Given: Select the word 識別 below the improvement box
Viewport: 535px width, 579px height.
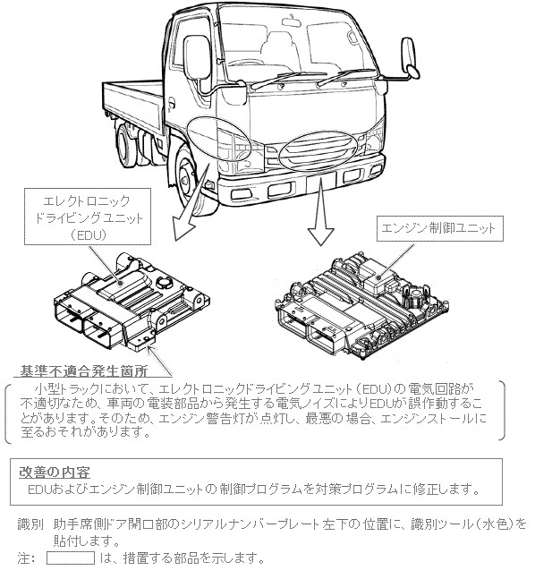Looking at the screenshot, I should (x=30, y=522).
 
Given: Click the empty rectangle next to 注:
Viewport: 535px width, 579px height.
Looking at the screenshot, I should (x=70, y=558).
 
